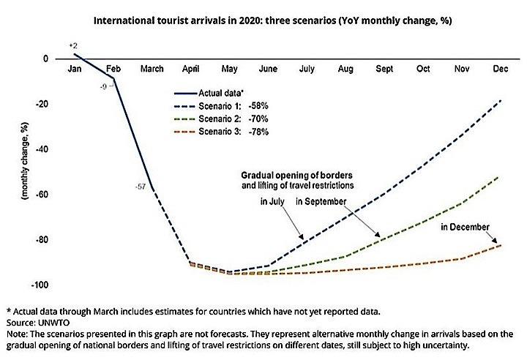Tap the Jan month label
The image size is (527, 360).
[74, 70]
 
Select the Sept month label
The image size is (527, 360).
[384, 70]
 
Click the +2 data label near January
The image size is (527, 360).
[72, 46]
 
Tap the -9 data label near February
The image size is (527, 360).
[105, 87]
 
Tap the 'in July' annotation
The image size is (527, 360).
[272, 200]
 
